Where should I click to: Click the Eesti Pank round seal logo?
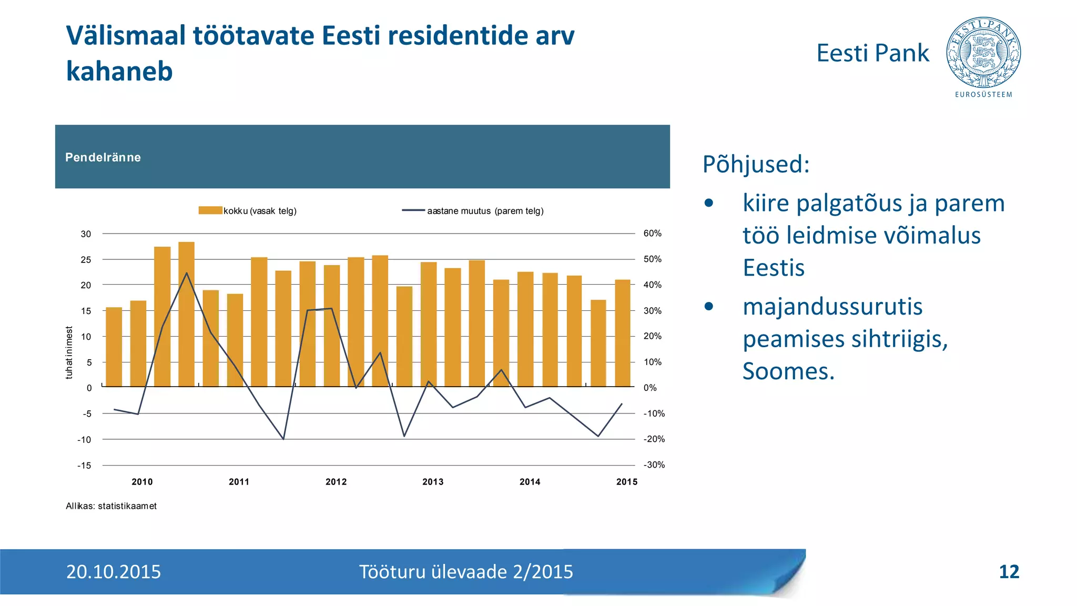click(x=983, y=53)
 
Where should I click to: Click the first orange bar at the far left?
click(x=114, y=347)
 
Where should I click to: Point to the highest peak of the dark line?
click(x=186, y=273)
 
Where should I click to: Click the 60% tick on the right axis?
click(x=652, y=234)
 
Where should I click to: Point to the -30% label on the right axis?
click(x=654, y=465)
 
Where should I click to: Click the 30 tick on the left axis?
click(x=86, y=234)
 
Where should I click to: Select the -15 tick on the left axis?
click(x=84, y=466)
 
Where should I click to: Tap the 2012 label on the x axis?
click(x=336, y=482)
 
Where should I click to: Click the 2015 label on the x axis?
click(x=626, y=482)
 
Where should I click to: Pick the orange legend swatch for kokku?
click(x=210, y=210)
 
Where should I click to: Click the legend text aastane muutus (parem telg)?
click(x=485, y=211)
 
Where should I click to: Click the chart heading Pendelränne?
click(x=103, y=157)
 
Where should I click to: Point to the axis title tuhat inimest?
click(x=69, y=352)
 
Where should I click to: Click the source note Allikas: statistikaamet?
click(x=111, y=506)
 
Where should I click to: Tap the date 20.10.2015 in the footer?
click(x=114, y=572)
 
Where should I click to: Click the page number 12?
click(x=1009, y=572)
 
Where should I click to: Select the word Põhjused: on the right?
click(x=756, y=164)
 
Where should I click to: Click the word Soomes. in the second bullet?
click(x=788, y=371)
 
